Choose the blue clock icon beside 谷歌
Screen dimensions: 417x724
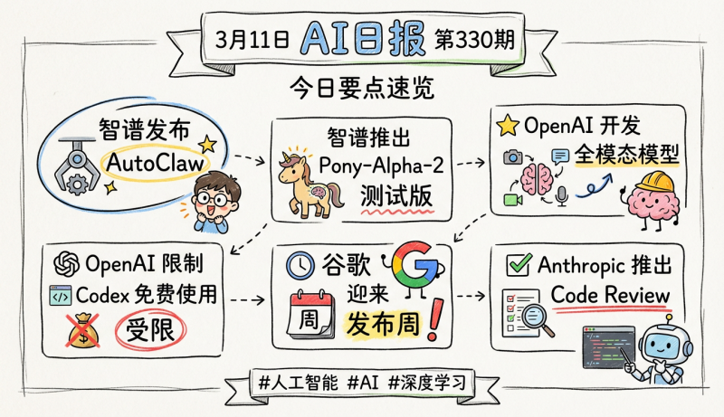pos(300,265)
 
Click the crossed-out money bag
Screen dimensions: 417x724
pos(83,332)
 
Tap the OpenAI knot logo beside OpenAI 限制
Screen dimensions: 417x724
pos(67,263)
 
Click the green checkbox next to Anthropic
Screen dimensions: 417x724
pos(518,264)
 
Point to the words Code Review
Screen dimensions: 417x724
pos(610,295)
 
